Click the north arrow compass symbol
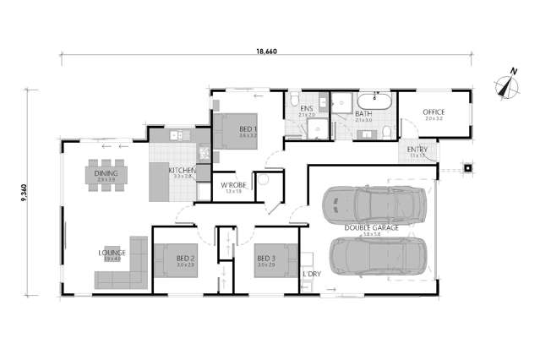(x=506, y=85)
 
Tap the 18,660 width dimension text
(x=267, y=52)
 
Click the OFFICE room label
(x=434, y=112)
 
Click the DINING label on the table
(x=106, y=175)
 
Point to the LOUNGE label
(x=112, y=253)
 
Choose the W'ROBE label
(x=232, y=185)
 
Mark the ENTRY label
(x=417, y=150)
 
